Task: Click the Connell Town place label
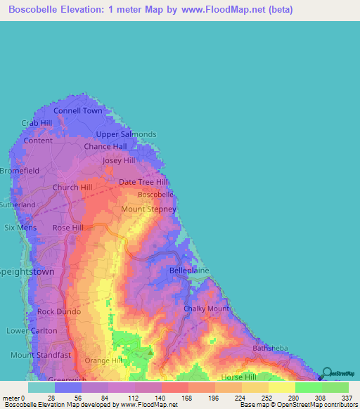pos(78,111)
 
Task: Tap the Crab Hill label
pos(37,123)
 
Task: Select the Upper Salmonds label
pos(126,134)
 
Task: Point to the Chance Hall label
pos(105,147)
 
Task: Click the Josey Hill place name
pos(119,161)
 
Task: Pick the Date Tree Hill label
pos(143,182)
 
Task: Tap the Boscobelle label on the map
pos(155,194)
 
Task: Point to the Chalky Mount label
pos(206,309)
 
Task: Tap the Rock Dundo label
pos(59,312)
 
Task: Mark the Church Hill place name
pos(72,188)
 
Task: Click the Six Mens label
pos(19,228)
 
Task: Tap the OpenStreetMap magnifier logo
pos(328,373)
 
